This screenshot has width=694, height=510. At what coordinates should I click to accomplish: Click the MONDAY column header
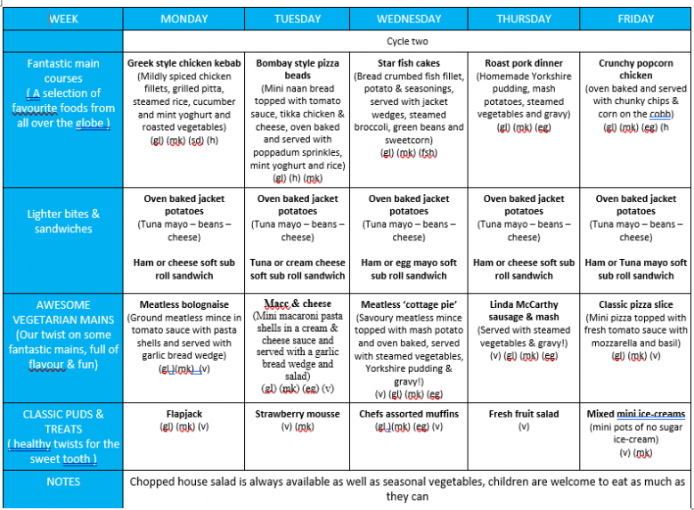(x=184, y=19)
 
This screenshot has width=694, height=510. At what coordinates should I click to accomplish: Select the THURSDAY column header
(x=523, y=19)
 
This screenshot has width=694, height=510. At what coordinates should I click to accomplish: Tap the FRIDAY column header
(x=635, y=19)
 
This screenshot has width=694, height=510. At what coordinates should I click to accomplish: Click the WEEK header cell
(x=63, y=19)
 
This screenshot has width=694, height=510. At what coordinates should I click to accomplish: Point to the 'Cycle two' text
(x=407, y=42)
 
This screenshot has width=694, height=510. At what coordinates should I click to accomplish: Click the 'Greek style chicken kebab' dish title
(x=184, y=64)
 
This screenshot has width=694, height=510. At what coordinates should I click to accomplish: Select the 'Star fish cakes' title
(x=409, y=64)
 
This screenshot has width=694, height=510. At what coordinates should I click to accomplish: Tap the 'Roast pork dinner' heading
(x=523, y=64)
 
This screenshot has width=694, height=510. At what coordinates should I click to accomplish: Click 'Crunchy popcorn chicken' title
(x=635, y=69)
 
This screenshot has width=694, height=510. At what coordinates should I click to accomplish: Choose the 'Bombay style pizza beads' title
(x=298, y=69)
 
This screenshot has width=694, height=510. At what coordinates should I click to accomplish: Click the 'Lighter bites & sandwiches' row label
(x=63, y=221)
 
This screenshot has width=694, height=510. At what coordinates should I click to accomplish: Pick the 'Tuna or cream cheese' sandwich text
(x=298, y=263)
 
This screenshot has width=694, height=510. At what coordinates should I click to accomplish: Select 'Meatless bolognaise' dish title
(x=184, y=305)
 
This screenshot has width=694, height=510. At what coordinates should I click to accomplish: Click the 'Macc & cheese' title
(x=298, y=304)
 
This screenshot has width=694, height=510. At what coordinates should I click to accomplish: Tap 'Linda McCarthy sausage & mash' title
(x=523, y=311)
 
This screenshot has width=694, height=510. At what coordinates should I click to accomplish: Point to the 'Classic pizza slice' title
(x=635, y=305)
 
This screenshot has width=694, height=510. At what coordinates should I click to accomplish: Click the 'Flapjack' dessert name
(x=184, y=414)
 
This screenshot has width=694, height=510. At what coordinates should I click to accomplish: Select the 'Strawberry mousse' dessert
(x=298, y=414)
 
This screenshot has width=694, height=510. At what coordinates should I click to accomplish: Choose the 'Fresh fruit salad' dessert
(x=523, y=414)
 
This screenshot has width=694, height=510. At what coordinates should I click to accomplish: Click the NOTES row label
(x=63, y=482)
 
